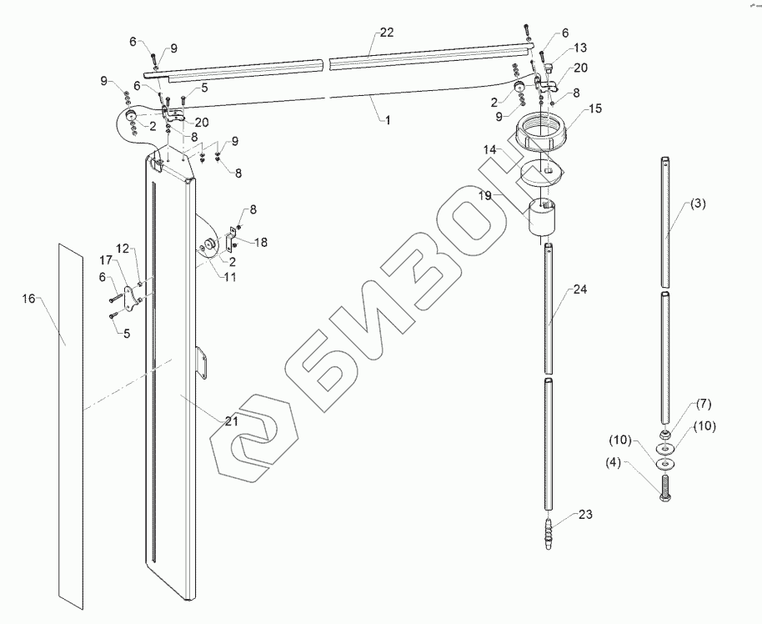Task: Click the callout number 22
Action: pyautogui.click(x=386, y=32)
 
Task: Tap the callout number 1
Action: pyautogui.click(x=387, y=119)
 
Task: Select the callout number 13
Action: pyautogui.click(x=580, y=48)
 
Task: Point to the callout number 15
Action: pyautogui.click(x=595, y=109)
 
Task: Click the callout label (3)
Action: pyautogui.click(x=697, y=203)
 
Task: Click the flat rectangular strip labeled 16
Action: pyautogui.click(x=72, y=417)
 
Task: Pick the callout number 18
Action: pyautogui.click(x=262, y=242)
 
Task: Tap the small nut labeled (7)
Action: pyautogui.click(x=666, y=435)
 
